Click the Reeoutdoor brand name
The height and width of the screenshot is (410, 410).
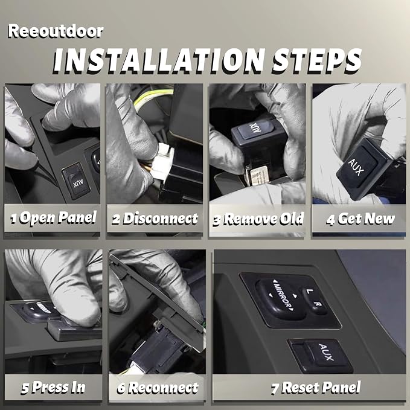[x=56, y=31]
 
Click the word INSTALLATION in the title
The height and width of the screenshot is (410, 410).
[x=159, y=60]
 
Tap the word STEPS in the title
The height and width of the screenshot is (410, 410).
[x=317, y=60]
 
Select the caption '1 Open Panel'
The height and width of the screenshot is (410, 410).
[x=54, y=218]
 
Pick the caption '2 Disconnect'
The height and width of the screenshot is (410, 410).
[x=155, y=219]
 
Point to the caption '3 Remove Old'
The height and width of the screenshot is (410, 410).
[x=258, y=219]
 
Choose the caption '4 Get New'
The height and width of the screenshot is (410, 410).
[x=360, y=219]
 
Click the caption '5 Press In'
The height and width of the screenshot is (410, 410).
[x=53, y=387]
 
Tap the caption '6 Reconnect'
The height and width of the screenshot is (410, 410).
[x=158, y=388]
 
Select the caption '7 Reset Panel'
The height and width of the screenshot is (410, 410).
[x=316, y=387]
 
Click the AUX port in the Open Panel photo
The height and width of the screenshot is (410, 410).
[x=76, y=182]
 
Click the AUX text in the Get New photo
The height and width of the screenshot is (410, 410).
[x=356, y=167]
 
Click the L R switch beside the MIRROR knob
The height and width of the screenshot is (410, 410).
[x=315, y=301]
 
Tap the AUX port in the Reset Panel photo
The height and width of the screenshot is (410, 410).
[x=321, y=355]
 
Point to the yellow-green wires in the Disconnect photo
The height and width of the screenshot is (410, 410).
[x=153, y=98]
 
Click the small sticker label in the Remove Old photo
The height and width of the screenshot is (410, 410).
[x=258, y=175]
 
